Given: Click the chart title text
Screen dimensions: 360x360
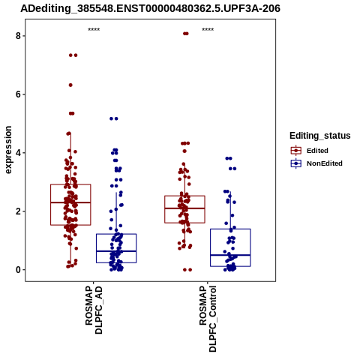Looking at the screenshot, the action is (150, 8).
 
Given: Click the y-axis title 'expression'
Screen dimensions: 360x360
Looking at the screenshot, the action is (8, 150).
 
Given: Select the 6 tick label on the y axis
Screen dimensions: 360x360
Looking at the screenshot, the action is (18, 94).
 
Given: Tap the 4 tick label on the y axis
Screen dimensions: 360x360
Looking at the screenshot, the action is (18, 153).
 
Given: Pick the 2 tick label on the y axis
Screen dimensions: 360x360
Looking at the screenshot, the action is (18, 211).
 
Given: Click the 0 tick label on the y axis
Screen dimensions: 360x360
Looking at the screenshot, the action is (18, 270).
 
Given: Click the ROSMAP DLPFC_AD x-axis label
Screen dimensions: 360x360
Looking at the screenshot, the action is (94, 310).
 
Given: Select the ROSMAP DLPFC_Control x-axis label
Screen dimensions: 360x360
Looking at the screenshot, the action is (208, 319).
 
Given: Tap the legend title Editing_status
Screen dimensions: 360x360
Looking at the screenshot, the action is (320, 136).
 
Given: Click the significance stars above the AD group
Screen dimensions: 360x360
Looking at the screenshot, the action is (94, 29).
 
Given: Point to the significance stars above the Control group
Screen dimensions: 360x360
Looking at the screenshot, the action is (208, 29).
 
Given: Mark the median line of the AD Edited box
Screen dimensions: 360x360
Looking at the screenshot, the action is (70, 202).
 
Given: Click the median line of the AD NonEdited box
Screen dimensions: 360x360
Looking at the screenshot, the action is (116, 251).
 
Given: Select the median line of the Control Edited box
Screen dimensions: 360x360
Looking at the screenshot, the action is (184, 208).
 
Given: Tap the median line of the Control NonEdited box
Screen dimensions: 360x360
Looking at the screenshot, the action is (230, 255).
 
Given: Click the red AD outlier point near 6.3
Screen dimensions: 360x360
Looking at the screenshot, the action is (70, 85).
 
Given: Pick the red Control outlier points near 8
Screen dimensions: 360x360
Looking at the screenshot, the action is (186, 34).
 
